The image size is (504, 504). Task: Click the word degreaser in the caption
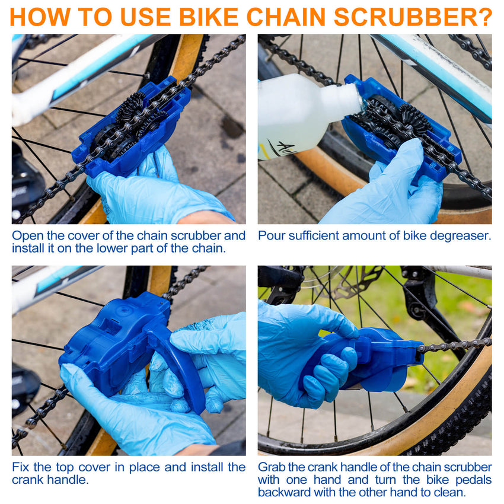(x=458, y=235)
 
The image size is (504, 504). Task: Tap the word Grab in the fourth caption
(x=272, y=467)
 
